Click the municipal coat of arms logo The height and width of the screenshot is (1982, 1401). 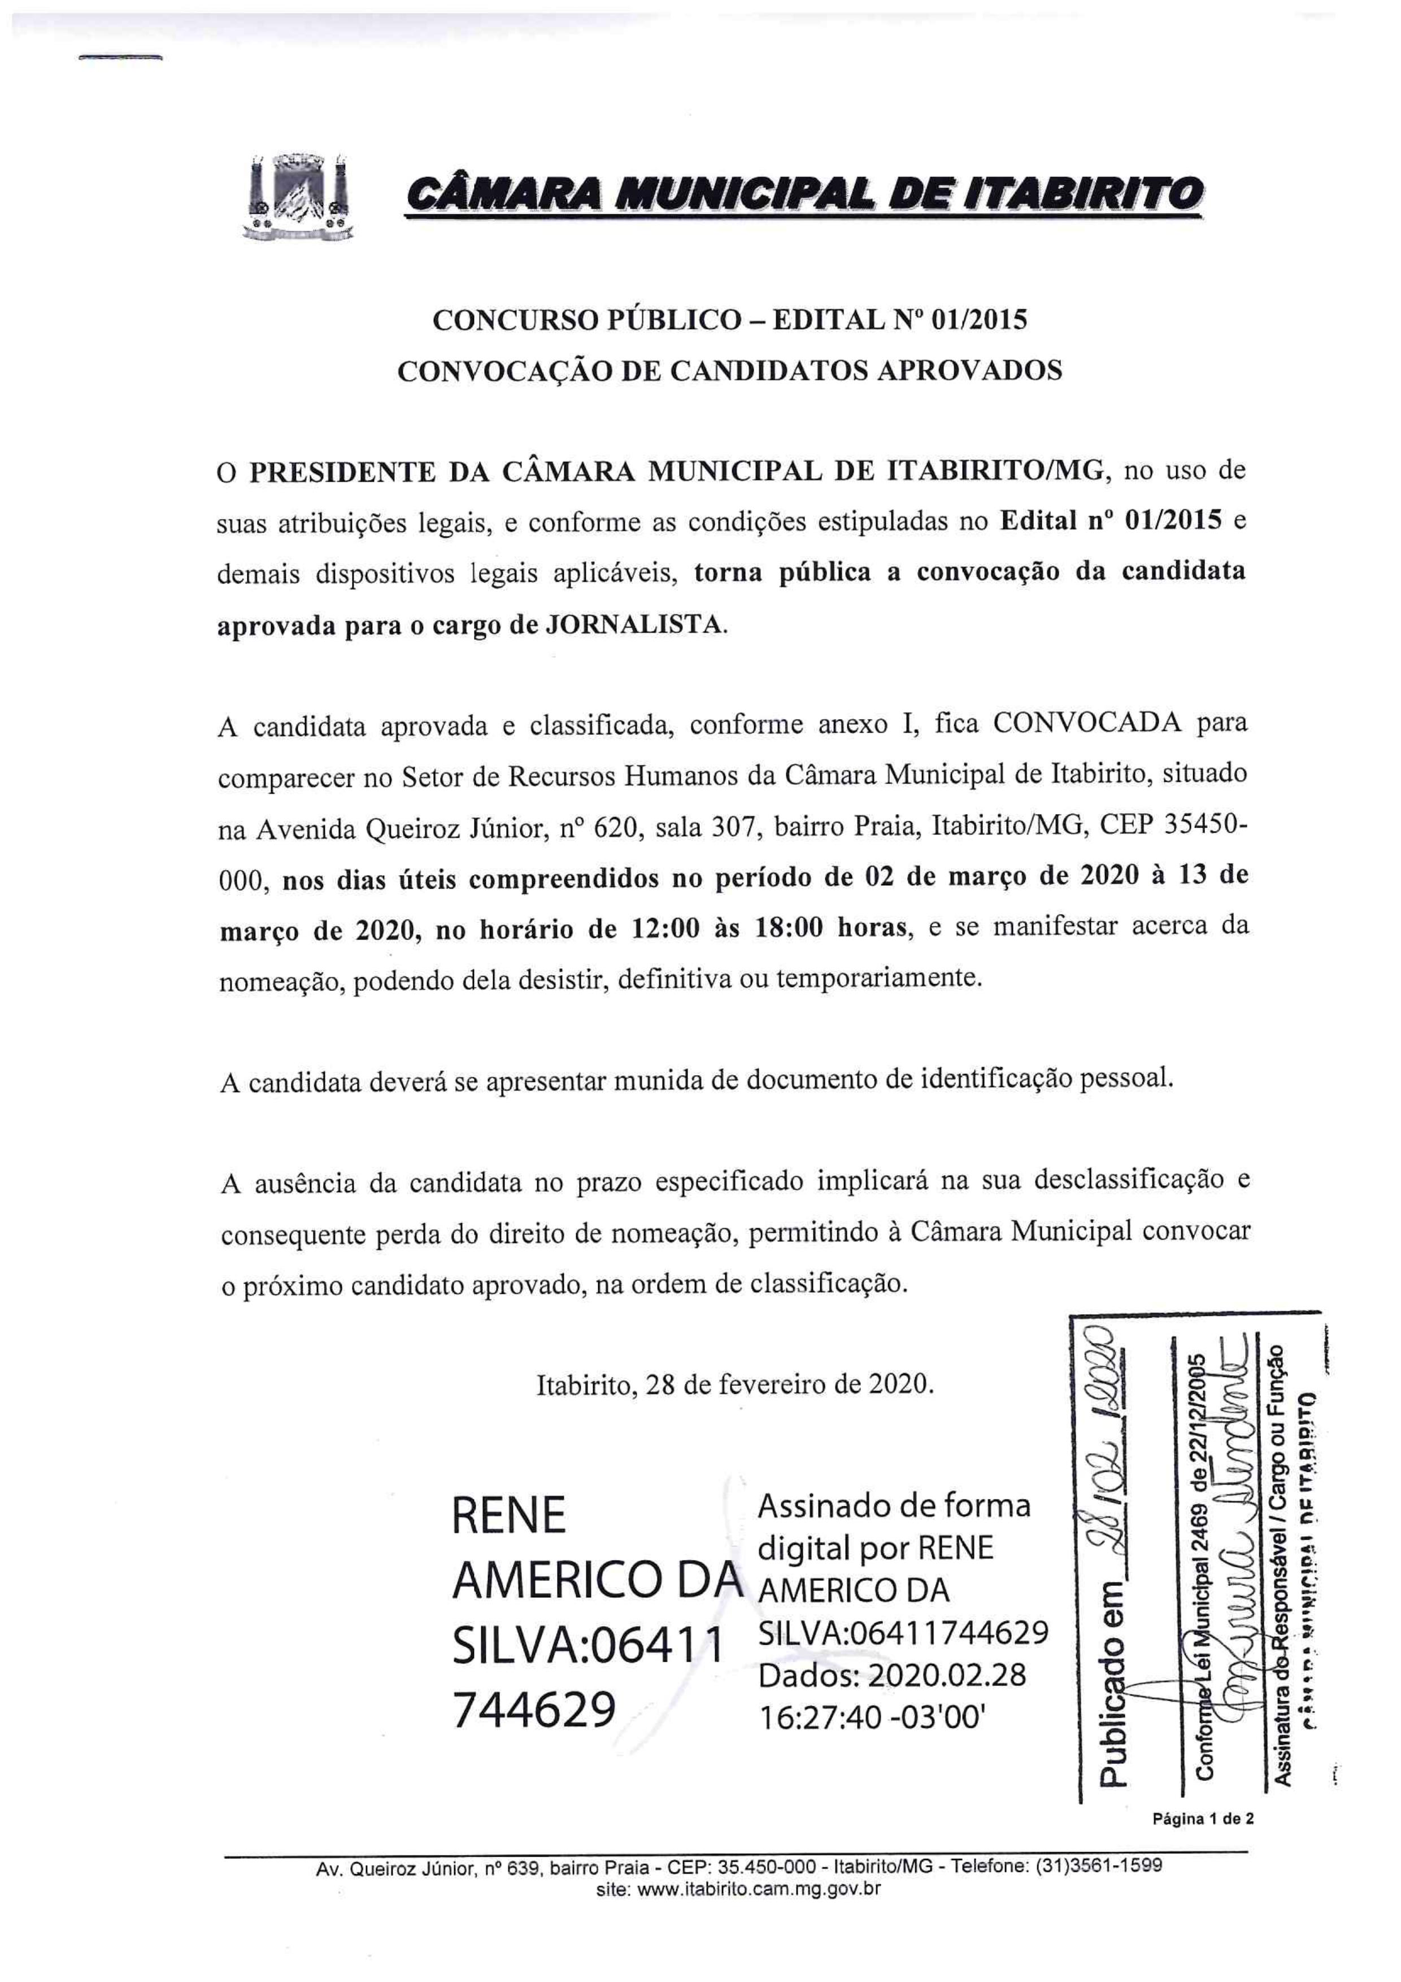click(299, 196)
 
